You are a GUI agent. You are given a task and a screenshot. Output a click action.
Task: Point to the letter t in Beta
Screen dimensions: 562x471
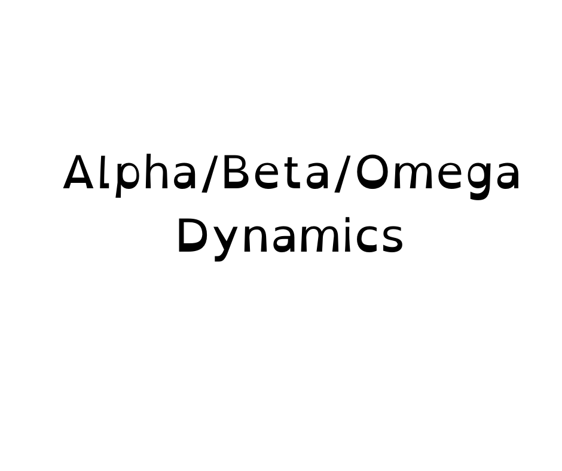coord(290,175)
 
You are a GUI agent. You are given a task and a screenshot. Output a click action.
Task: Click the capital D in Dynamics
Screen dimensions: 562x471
coord(190,236)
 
